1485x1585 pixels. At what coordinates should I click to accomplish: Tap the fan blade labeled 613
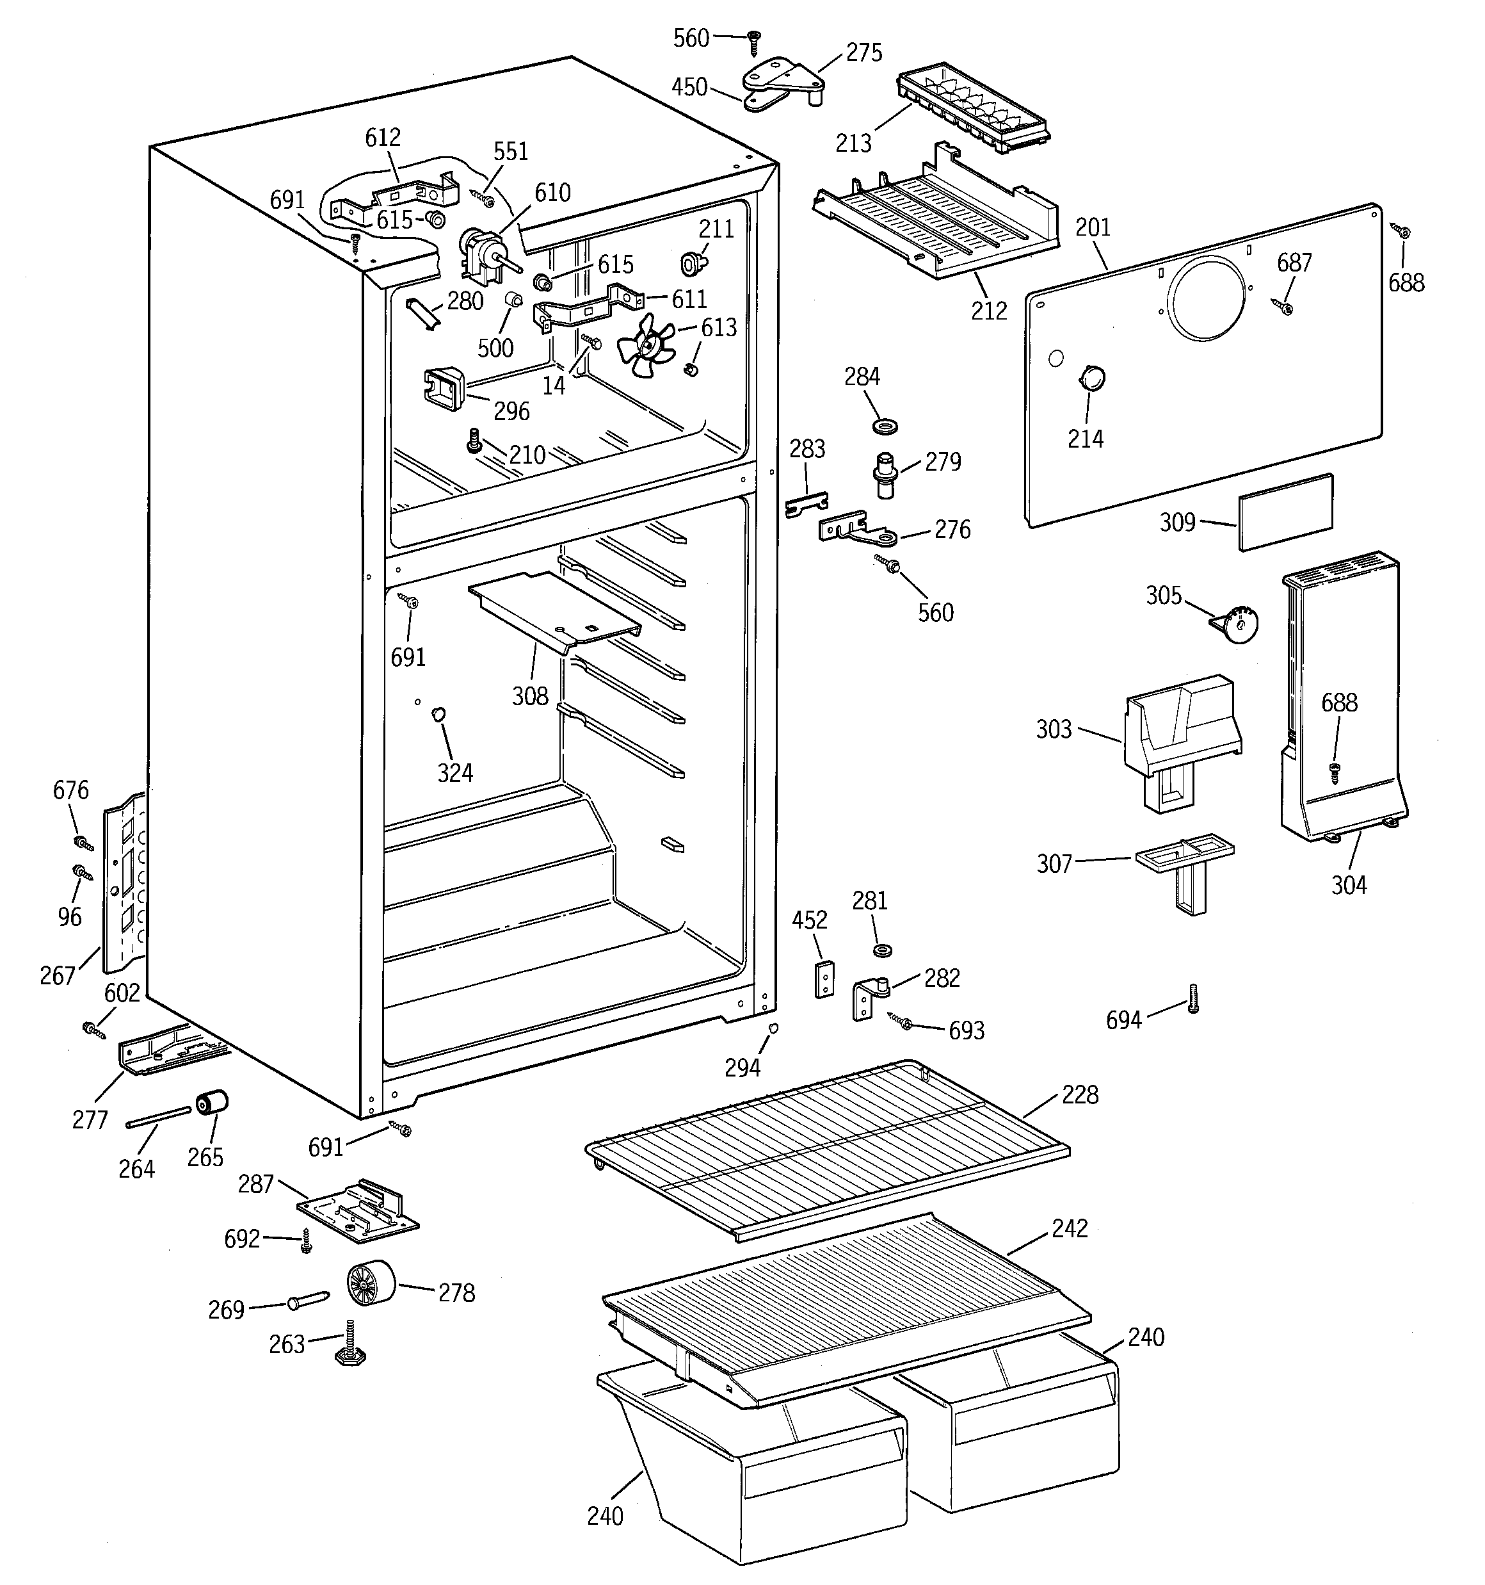tap(647, 345)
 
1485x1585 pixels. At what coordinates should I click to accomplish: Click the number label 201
tap(1092, 228)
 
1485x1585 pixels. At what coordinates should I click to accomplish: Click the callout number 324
tap(454, 772)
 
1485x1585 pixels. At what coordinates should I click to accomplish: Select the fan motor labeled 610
tap(481, 254)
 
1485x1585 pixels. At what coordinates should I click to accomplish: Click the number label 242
tap(1069, 1228)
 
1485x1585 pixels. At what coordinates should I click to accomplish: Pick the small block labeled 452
tap(825, 979)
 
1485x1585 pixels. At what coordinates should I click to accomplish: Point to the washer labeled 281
tap(883, 950)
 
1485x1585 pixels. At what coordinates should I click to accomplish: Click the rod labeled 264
tap(159, 1117)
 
